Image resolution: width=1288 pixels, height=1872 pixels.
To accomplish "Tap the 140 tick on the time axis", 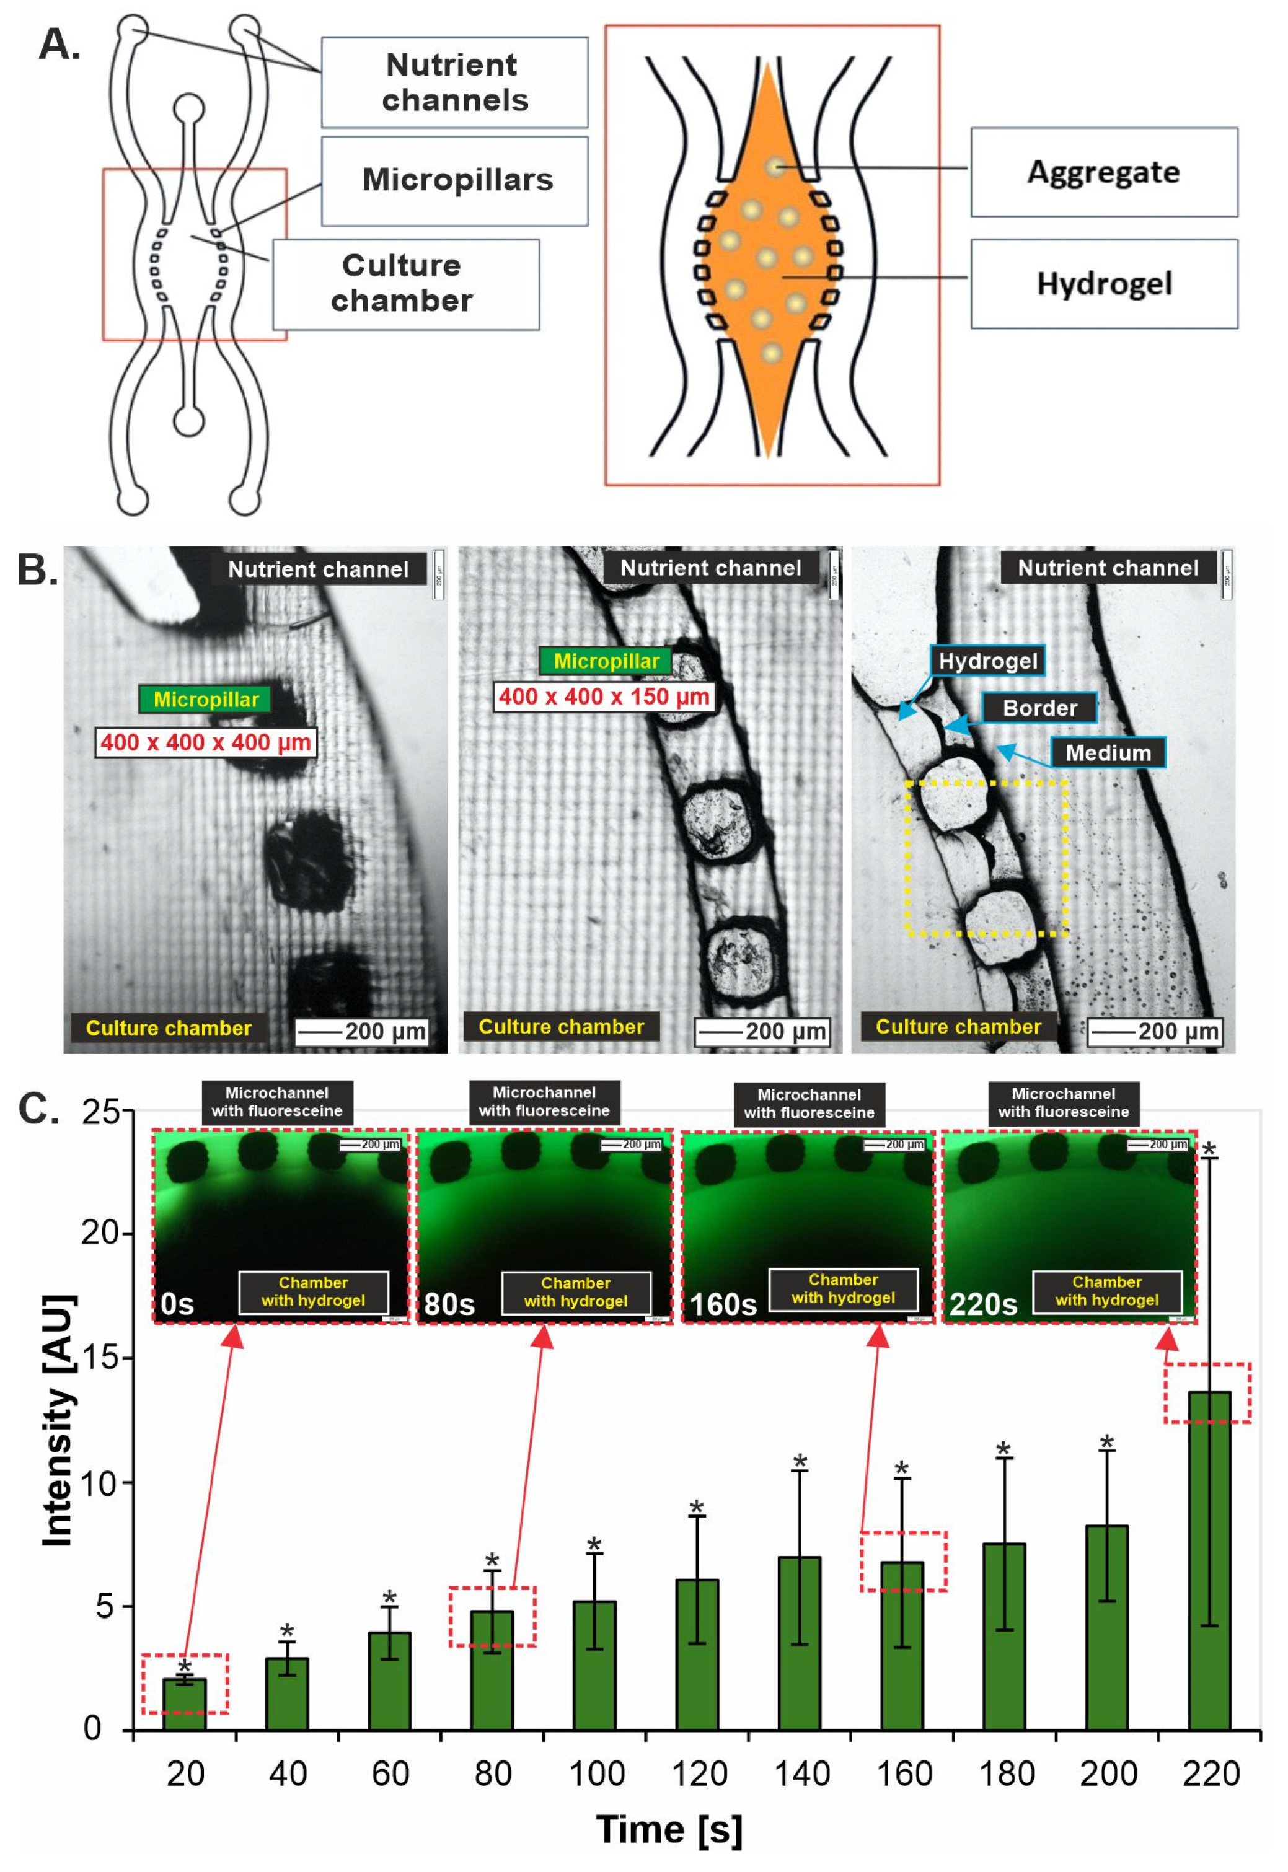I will point(801,1773).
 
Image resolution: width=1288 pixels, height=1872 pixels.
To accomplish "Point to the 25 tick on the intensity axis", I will point(101,1113).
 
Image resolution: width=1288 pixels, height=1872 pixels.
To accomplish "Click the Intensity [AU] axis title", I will point(58,1421).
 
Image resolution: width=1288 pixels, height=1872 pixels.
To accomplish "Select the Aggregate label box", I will point(1103,172).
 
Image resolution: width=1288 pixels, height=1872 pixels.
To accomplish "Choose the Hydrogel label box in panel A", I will point(1103,283).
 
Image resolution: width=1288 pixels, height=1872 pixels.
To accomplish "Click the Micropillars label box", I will point(456,180).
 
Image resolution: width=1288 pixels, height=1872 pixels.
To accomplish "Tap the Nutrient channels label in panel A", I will point(454,82).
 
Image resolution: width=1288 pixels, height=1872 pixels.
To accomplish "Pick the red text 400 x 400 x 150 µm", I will point(604,697).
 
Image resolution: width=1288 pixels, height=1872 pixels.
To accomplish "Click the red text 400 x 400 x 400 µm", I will point(206,742).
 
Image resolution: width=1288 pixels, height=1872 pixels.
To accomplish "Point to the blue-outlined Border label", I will point(1039,708).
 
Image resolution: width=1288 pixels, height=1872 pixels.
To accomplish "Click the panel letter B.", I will point(37,569).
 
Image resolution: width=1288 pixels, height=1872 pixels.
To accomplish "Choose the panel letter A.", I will point(58,45).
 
